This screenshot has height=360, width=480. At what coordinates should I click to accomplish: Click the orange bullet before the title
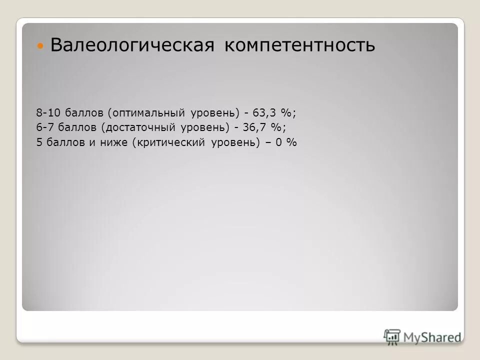(41, 46)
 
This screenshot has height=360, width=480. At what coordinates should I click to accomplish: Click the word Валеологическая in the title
(132, 45)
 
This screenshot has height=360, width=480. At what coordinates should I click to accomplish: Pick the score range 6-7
(44, 127)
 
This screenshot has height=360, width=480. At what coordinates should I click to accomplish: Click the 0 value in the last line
(279, 142)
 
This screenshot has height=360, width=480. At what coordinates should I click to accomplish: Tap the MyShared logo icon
(392, 336)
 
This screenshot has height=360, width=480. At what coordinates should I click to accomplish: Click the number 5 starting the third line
(39, 142)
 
